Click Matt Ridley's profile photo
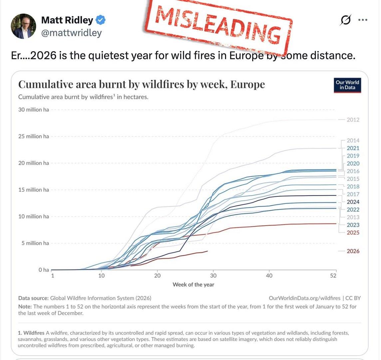point(23,26)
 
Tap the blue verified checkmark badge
point(101,20)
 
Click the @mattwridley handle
point(71,33)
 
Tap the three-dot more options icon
point(363,20)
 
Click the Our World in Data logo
point(347,85)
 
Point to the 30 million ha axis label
point(34,110)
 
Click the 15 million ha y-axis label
point(34,190)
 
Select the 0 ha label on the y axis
point(44,270)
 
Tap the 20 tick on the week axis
point(157,276)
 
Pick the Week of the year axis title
point(193,285)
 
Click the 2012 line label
point(353,120)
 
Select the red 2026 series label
point(353,251)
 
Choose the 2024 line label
point(353,202)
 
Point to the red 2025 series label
point(353,233)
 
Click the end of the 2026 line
point(207,251)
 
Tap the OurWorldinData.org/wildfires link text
point(304,298)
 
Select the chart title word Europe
point(247,84)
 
